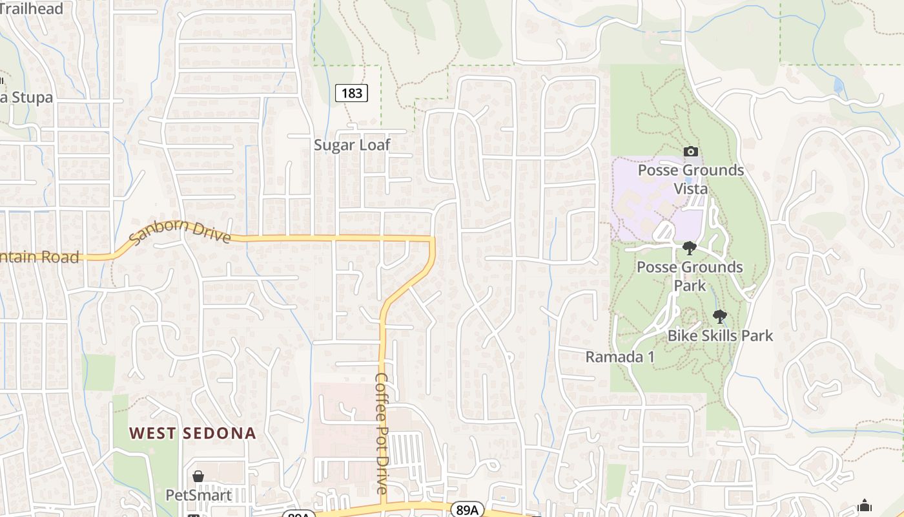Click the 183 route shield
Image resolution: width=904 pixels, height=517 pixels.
click(x=351, y=93)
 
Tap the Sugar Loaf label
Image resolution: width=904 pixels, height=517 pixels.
click(x=352, y=145)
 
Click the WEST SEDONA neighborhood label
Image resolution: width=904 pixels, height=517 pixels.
click(x=192, y=433)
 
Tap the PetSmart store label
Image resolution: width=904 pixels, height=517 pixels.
click(x=199, y=495)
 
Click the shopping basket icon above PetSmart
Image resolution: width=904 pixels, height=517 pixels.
click(x=198, y=476)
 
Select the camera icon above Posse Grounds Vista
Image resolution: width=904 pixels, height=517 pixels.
click(x=691, y=151)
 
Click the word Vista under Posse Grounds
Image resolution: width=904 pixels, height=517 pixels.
click(x=691, y=189)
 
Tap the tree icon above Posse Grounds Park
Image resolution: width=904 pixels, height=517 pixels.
click(x=690, y=248)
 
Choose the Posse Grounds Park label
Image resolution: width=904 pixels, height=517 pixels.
click(x=690, y=276)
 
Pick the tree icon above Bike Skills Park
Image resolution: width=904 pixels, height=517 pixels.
click(x=719, y=317)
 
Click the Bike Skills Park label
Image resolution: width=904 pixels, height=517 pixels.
click(x=720, y=335)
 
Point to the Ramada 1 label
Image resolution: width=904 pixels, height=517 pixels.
click(x=620, y=357)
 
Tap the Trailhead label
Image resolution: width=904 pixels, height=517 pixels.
click(x=32, y=9)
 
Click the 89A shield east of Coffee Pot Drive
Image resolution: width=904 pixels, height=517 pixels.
click(x=465, y=509)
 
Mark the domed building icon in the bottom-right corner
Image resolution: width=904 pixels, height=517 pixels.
click(x=865, y=505)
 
